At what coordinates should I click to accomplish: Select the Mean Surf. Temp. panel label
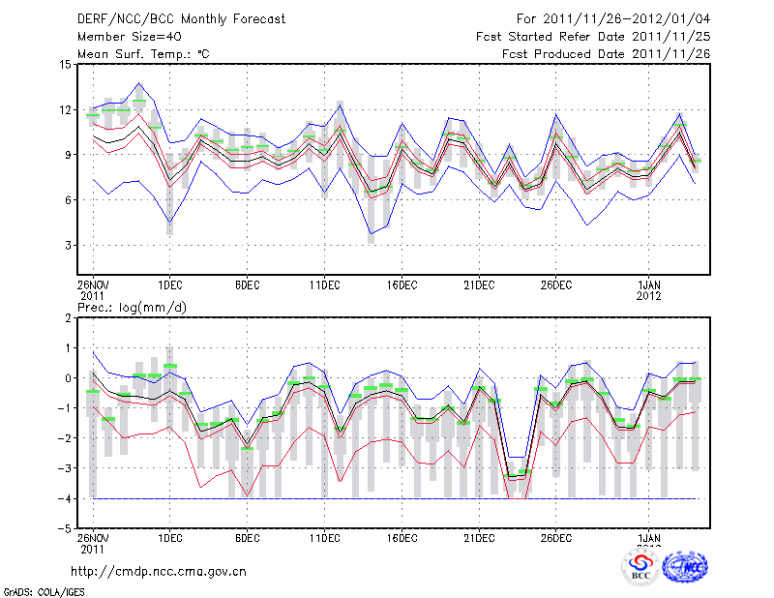point(143,53)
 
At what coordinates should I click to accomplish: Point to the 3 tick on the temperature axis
point(68,245)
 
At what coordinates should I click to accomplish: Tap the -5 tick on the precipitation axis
point(65,528)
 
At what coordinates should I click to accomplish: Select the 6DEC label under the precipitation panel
point(247,537)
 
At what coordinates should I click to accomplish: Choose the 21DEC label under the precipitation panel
point(479,537)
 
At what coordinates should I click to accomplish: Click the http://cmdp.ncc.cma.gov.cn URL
point(159,571)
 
